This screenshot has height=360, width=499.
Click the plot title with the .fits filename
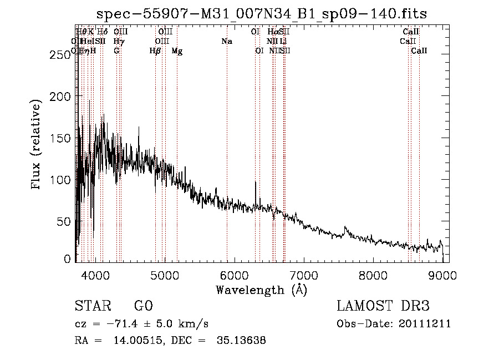262,14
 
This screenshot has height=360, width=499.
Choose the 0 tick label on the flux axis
68,259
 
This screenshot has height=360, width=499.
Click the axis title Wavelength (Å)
261,290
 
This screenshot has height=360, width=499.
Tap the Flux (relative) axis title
37,145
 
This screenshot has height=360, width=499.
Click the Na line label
226,42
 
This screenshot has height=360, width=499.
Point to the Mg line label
177,51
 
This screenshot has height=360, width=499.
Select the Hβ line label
155,51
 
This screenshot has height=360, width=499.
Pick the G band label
116,51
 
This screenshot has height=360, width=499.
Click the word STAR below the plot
92,306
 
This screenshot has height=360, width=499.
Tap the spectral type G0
143,306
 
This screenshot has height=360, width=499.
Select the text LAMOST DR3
383,306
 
